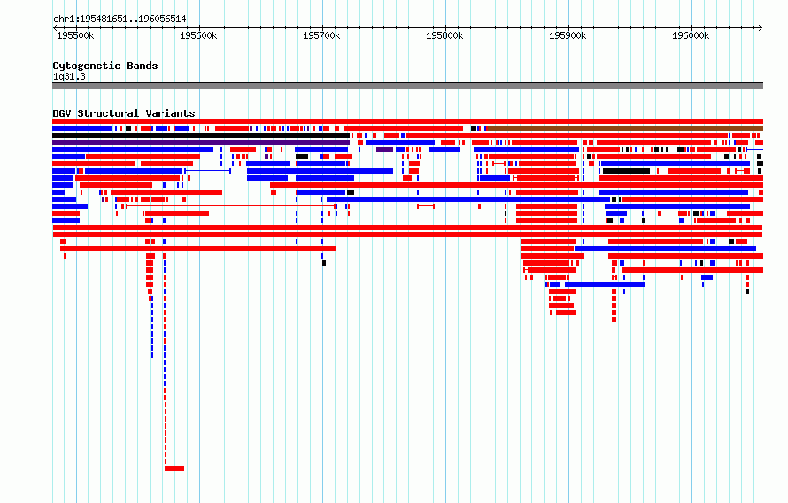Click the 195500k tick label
(x=75, y=35)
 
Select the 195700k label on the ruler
(x=321, y=35)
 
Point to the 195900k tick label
(x=568, y=35)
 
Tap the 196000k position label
(x=691, y=35)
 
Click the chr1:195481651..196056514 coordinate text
(x=120, y=19)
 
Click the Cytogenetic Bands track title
(x=105, y=66)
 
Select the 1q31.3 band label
(x=69, y=76)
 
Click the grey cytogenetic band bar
(x=407, y=86)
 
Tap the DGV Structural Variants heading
(x=124, y=113)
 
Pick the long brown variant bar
(x=625, y=128)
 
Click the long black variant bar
(x=201, y=135)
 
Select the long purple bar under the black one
(x=201, y=143)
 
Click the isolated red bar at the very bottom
(x=174, y=468)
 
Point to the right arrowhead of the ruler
(x=761, y=28)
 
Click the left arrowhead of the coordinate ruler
(x=55, y=28)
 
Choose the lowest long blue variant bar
(x=605, y=284)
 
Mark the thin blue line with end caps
(x=208, y=171)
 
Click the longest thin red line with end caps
(x=231, y=206)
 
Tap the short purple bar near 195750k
(x=384, y=150)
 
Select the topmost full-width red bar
(x=407, y=121)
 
